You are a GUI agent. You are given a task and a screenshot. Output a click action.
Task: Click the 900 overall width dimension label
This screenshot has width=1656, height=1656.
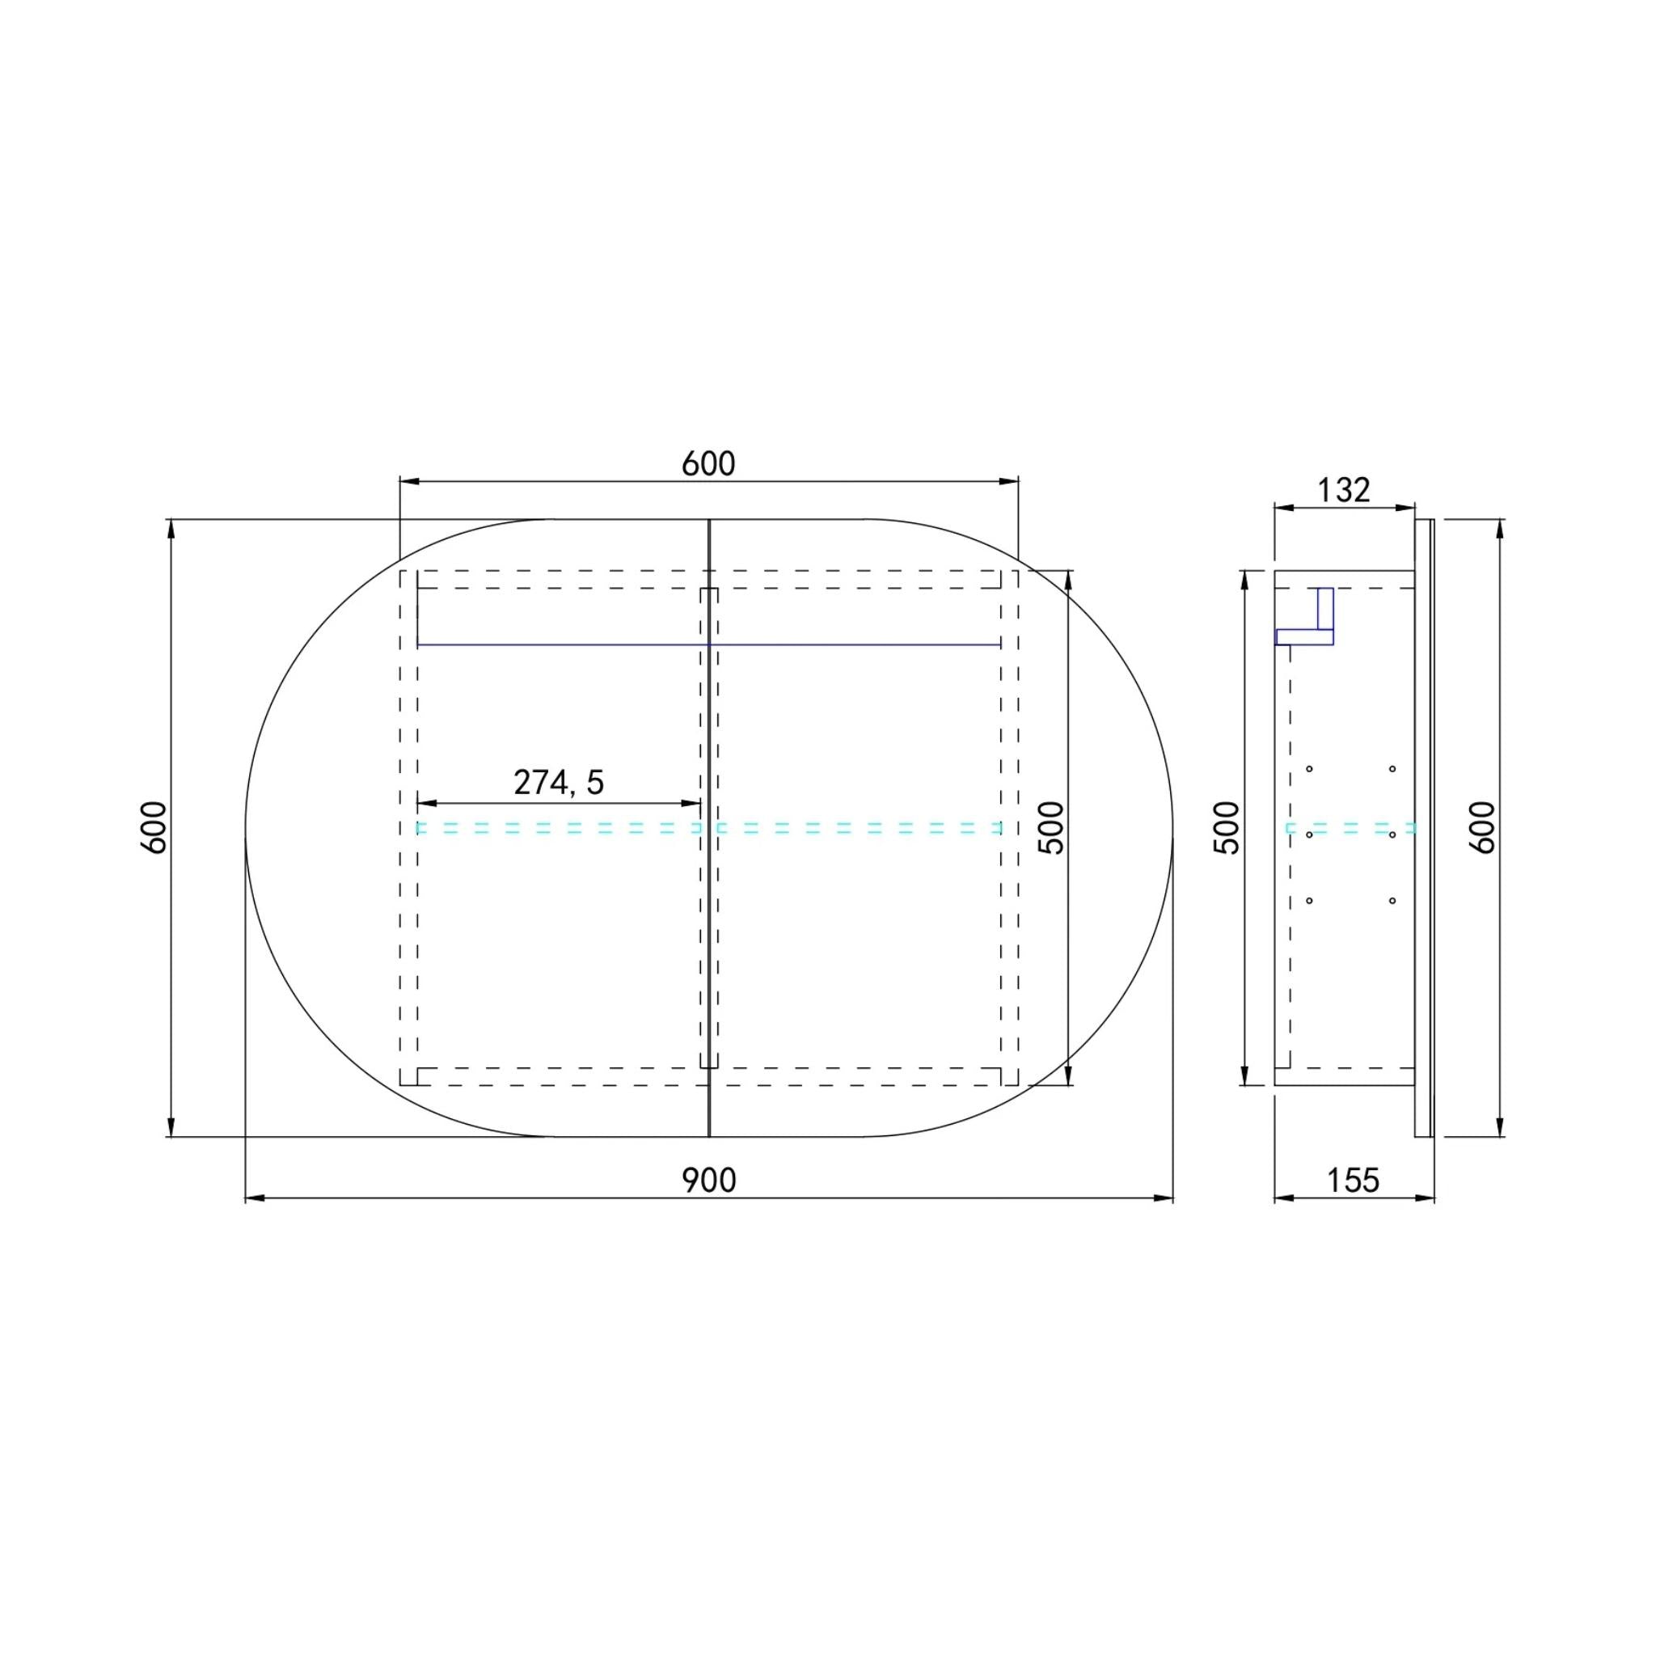[x=709, y=1181]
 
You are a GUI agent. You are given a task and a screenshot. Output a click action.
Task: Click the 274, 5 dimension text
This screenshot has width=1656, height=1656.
[x=559, y=783]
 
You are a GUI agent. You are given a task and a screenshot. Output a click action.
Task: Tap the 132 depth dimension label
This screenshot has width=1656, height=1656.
[x=1343, y=489]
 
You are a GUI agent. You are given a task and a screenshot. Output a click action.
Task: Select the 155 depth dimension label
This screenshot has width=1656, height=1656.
[x=1354, y=1181]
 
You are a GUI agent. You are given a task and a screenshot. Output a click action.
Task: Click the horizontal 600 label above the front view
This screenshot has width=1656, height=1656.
[x=709, y=463]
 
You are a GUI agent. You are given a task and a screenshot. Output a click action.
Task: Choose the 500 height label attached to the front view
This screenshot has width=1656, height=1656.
[x=1050, y=827]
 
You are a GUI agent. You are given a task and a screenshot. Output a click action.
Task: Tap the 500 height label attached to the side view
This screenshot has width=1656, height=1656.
[x=1227, y=827]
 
